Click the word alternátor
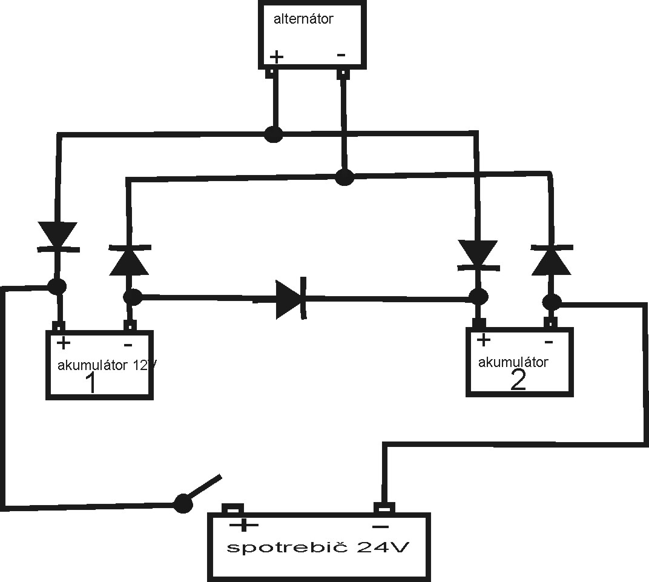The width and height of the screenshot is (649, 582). coord(303,19)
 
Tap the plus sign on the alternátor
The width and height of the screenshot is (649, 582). coord(276,57)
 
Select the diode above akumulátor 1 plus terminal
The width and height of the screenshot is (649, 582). coord(58,237)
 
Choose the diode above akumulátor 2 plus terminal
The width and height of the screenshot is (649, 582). coord(478,254)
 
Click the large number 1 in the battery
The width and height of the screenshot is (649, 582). coord(91,383)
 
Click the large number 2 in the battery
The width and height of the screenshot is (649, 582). coord(518,380)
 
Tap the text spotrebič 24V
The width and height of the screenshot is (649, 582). coord(318,548)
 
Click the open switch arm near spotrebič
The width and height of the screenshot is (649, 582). coord(200,489)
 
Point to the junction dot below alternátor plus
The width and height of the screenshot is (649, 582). coord(274,134)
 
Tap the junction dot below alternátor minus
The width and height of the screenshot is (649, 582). coord(344,177)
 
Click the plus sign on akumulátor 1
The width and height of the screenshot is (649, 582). coord(63,343)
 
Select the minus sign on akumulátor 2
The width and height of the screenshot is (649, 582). coord(548,342)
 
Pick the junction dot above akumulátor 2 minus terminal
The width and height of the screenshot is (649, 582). coord(551,302)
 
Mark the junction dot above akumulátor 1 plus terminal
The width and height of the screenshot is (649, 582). coord(58,286)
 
